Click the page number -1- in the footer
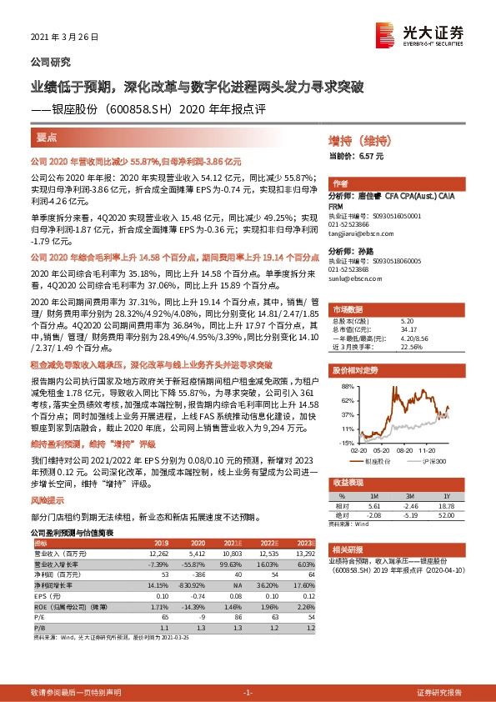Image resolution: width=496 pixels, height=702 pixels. pos(248,693)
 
